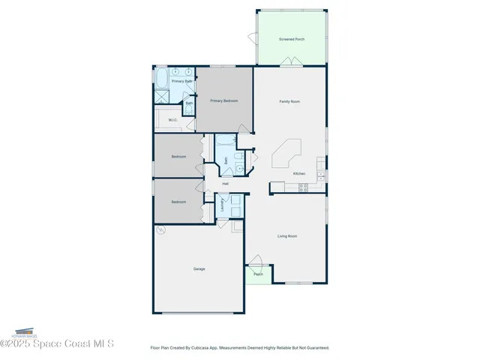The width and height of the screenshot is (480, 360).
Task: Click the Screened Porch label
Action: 291,39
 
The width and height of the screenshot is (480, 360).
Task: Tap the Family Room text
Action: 290,101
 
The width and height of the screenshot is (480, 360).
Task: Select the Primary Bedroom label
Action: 223,101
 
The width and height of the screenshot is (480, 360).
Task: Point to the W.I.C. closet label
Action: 172,120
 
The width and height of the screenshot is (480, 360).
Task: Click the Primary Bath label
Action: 181,81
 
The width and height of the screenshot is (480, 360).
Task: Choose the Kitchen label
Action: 298,173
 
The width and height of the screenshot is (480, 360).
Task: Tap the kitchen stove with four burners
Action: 303,188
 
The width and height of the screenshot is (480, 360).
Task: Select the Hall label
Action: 225,184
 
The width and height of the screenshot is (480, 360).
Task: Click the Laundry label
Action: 223,205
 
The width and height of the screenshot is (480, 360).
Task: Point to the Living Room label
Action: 287,236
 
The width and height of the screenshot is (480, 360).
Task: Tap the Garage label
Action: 199,268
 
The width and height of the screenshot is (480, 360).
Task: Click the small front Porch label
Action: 257,274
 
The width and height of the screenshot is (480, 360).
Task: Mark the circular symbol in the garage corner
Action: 159,232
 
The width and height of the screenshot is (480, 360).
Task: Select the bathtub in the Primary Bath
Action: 161,78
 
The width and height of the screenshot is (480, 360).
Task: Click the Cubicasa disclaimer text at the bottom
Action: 239,348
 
